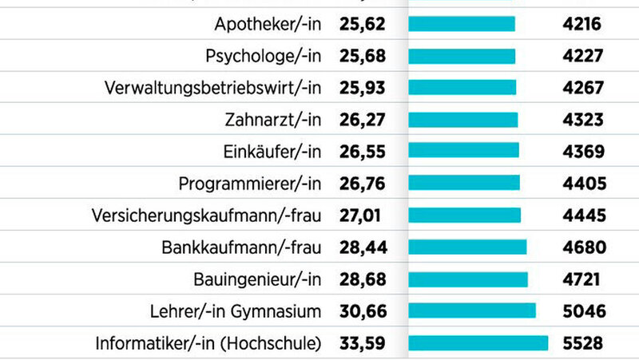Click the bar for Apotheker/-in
coord(461,24)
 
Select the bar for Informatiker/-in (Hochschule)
coord(478,343)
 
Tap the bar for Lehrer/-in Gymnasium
coord(471,311)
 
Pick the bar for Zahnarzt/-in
coord(462,120)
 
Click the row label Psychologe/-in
coord(263,56)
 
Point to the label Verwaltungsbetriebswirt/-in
coord(212,88)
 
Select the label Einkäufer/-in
coord(273,152)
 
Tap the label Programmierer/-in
coord(249,184)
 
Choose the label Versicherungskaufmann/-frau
coord(206,216)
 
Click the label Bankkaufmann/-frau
coord(244,247)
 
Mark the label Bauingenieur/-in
coord(257,279)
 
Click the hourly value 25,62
coord(362,24)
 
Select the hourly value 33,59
coord(363,343)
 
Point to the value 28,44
coord(363,247)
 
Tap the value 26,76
coord(362,184)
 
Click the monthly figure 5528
coord(584,343)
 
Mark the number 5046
coord(584,311)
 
